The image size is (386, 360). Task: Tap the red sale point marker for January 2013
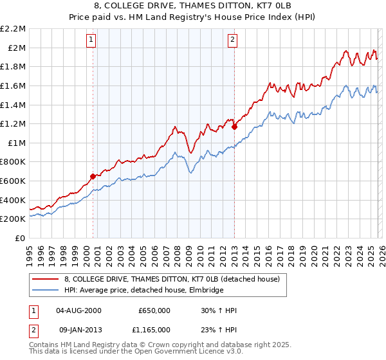(x=234, y=127)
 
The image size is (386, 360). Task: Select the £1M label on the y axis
(x=17, y=143)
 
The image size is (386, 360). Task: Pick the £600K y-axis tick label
(x=14, y=181)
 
